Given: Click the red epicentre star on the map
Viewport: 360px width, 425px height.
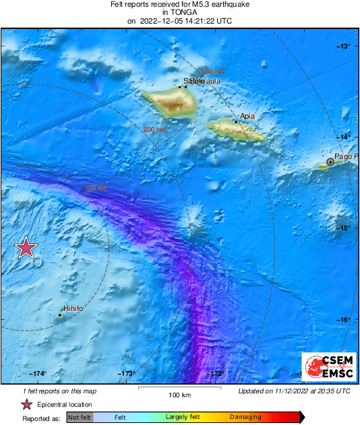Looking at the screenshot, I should pyautogui.click(x=26, y=248).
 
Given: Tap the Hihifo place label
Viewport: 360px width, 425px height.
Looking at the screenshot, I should pyautogui.click(x=73, y=308).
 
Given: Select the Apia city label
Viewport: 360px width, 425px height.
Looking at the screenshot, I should pyautogui.click(x=247, y=116).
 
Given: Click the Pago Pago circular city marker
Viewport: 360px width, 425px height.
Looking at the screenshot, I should pyautogui.click(x=330, y=162).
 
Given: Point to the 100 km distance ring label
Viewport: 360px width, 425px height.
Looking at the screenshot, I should pyautogui.click(x=97, y=189).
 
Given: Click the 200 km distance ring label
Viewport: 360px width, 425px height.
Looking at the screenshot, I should pyautogui.click(x=154, y=129).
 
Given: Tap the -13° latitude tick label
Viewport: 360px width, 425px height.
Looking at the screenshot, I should pyautogui.click(x=344, y=46).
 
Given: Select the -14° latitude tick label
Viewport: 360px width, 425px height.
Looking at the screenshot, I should pyautogui.click(x=344, y=137).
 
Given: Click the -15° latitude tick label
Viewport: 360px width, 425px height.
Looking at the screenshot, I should pyautogui.click(x=344, y=228).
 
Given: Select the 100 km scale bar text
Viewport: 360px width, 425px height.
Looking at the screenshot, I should pyautogui.click(x=179, y=395).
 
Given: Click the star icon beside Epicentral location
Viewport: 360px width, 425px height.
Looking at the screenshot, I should pyautogui.click(x=27, y=405).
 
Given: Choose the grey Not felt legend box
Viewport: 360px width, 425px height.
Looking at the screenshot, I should pyautogui.click(x=80, y=418).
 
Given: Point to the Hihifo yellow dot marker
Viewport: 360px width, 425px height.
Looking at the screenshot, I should pyautogui.click(x=60, y=315).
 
